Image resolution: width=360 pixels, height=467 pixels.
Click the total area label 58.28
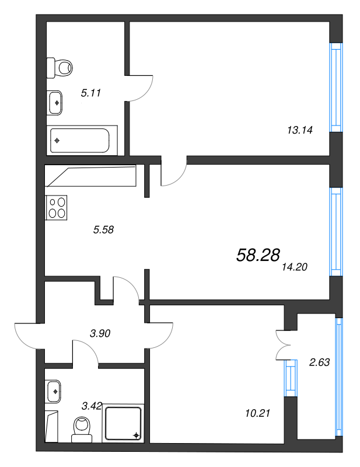[258, 255]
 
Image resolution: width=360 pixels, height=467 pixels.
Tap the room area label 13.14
[300, 131]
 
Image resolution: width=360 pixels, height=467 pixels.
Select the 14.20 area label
[294, 267]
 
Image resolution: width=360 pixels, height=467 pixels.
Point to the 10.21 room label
[258, 413]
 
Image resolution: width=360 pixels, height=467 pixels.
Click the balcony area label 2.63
[319, 362]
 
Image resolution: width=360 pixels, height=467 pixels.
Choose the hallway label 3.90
[100, 334]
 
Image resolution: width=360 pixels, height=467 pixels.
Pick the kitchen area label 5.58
[103, 229]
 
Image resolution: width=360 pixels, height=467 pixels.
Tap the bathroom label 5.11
[92, 92]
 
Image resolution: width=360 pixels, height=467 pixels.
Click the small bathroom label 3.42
[92, 406]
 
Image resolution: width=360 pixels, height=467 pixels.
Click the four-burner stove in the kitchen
[57, 207]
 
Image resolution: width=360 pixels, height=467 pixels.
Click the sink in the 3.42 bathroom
[54, 390]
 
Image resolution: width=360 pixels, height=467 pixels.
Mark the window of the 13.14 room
[335, 88]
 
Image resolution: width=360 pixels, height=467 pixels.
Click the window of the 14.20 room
[335, 231]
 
